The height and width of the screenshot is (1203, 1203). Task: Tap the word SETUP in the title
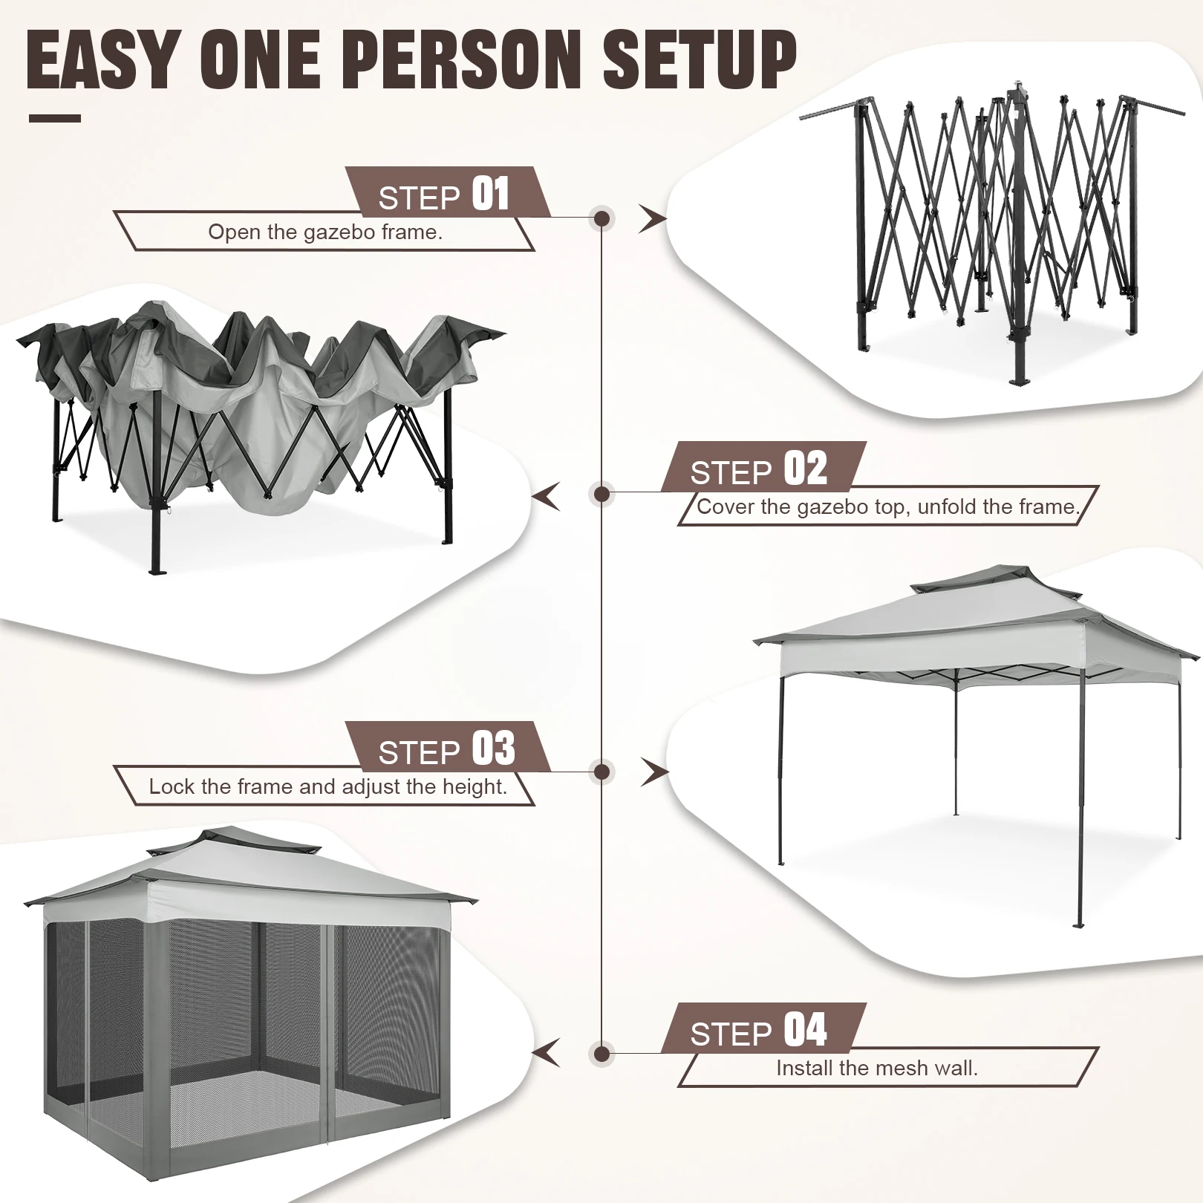point(699,61)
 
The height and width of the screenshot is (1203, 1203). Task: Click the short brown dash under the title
point(55,118)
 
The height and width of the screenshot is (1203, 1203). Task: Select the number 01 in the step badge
point(491,195)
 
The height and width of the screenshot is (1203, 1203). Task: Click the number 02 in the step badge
point(805,469)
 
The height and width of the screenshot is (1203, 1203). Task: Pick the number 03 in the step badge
point(493,749)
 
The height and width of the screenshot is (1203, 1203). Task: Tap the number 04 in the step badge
point(805,1031)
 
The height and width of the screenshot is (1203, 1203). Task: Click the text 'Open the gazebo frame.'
point(325,232)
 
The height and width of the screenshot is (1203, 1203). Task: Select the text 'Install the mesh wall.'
point(876,1069)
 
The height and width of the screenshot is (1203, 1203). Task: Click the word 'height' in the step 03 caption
point(472,787)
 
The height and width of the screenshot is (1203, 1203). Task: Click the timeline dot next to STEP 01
point(602,218)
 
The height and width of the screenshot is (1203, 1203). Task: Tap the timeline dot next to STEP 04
point(602,1054)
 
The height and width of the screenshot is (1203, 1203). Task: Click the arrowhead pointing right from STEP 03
point(653,772)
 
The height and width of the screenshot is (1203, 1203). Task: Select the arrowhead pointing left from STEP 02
point(548,496)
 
